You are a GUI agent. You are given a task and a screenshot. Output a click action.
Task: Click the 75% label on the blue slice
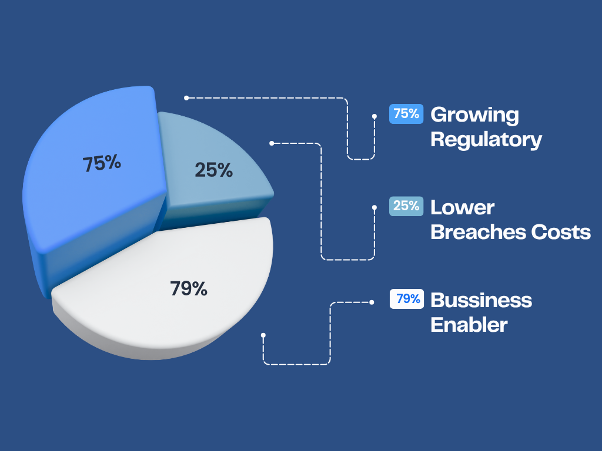point(102,163)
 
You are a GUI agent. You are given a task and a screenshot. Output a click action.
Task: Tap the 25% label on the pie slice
point(214,170)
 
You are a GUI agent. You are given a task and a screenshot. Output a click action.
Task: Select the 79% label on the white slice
point(189,288)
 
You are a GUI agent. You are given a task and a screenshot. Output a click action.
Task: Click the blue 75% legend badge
point(406,114)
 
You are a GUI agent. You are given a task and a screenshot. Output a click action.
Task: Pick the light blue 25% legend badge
point(406,206)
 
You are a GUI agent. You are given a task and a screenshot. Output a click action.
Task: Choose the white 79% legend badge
point(407,299)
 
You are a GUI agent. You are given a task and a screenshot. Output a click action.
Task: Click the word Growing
point(475,115)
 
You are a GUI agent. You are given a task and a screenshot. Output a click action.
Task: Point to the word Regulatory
point(486,139)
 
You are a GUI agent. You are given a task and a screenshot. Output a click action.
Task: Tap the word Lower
point(463,208)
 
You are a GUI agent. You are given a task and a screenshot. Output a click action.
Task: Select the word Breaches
point(479,232)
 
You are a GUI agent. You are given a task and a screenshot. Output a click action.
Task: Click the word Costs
point(561,233)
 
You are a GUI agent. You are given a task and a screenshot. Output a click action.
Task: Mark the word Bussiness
point(481,300)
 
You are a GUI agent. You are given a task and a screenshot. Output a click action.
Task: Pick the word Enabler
point(469,325)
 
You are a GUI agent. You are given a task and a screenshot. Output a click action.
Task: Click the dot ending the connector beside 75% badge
point(374,116)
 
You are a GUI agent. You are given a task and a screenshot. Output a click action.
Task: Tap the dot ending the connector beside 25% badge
point(374,207)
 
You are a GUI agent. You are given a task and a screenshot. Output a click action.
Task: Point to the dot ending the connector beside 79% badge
point(372,302)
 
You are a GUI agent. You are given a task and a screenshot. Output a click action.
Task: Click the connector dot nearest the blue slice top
point(186,98)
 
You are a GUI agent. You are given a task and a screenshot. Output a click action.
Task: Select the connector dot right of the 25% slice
point(272,143)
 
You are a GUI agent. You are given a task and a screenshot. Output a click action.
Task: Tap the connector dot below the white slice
point(263,335)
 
